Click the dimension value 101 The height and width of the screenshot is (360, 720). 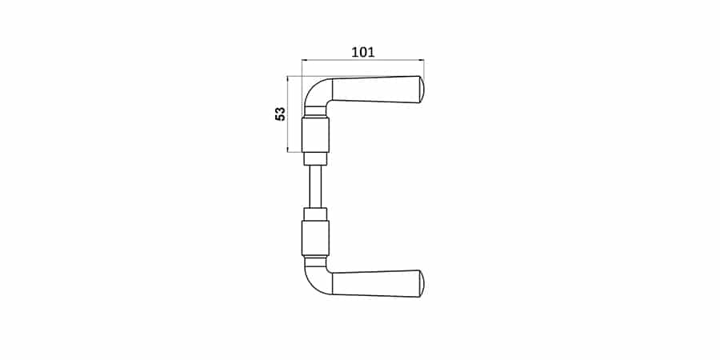pyautogui.click(x=362, y=52)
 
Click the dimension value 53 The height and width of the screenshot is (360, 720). pyautogui.click(x=280, y=114)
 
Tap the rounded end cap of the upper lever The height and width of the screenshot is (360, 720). pyautogui.click(x=422, y=90)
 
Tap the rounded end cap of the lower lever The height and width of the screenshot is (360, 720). pyautogui.click(x=422, y=284)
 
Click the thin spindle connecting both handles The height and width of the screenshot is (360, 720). pyautogui.click(x=315, y=186)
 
